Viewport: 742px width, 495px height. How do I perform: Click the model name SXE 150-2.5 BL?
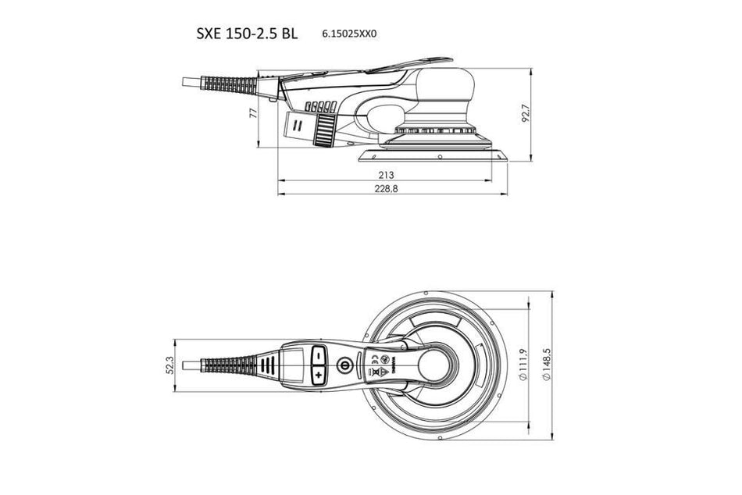[247, 34]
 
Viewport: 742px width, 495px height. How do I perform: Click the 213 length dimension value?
[386, 174]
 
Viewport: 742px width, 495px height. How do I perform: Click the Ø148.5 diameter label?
[548, 365]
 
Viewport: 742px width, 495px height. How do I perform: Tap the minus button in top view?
[318, 354]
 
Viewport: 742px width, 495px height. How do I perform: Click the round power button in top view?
[341, 365]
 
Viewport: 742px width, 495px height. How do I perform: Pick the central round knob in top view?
[437, 365]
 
